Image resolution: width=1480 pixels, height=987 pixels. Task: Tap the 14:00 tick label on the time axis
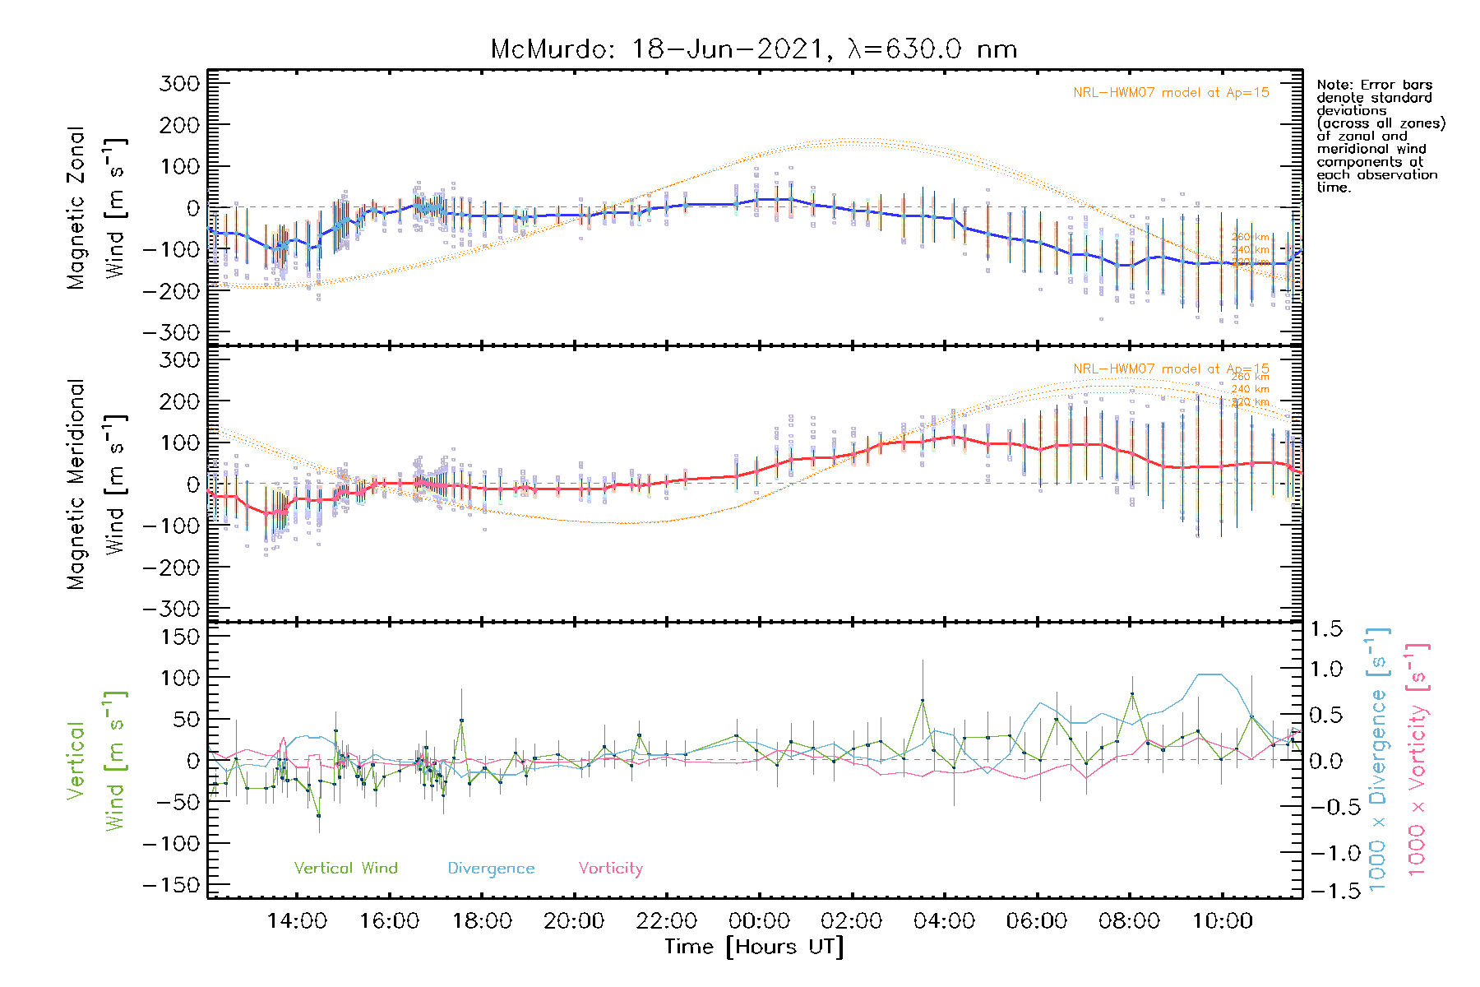click(x=297, y=921)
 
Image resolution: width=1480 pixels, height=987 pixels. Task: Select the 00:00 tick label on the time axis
click(x=759, y=921)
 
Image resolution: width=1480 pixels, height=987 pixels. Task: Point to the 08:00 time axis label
click(x=1129, y=921)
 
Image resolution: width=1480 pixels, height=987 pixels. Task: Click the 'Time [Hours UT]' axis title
click(x=754, y=948)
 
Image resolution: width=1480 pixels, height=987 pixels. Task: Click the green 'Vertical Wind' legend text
click(x=345, y=869)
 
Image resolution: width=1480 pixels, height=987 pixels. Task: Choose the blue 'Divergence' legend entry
click(x=491, y=869)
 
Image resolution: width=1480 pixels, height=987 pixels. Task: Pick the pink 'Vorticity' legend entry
click(x=610, y=869)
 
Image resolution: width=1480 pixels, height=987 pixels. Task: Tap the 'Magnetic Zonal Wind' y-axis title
click(x=97, y=208)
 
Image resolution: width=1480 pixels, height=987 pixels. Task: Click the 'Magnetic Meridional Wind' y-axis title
click(x=97, y=484)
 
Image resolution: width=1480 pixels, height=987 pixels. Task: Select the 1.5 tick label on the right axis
click(x=1325, y=629)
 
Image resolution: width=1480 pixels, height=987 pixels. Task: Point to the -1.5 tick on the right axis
click(x=1325, y=891)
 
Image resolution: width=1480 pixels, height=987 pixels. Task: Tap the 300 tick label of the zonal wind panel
click(x=179, y=84)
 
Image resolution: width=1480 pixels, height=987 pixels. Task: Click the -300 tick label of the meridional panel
click(x=171, y=609)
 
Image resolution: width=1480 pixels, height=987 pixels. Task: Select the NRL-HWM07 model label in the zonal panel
click(x=1171, y=93)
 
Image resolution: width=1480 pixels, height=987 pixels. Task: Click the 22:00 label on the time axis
click(x=667, y=921)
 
